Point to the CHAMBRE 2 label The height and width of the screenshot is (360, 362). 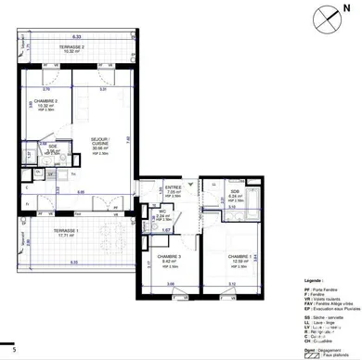point(45,102)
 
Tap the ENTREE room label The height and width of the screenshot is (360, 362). point(172,188)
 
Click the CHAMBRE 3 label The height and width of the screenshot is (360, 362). point(168,259)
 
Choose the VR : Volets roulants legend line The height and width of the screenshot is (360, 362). point(326,299)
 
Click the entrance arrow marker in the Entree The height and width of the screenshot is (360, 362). point(189,185)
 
